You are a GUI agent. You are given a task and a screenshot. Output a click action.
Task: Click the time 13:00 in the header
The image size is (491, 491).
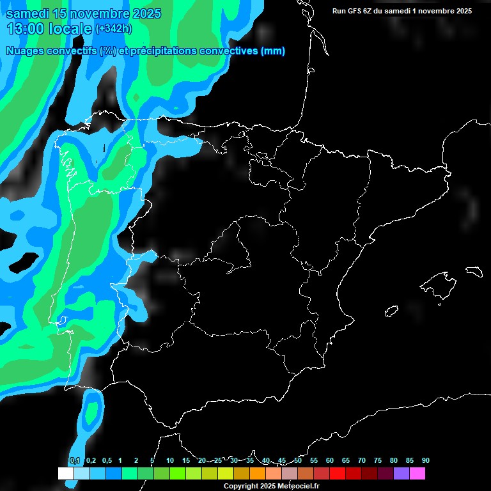pyautogui.click(x=27, y=28)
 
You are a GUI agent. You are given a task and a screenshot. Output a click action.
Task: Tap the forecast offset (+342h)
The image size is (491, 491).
pyautogui.click(x=113, y=28)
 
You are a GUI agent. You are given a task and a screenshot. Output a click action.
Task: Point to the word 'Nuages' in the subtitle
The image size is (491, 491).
pyautogui.click(x=24, y=51)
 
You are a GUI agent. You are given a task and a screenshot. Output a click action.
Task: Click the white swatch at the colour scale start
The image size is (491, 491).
pyautogui.click(x=66, y=474)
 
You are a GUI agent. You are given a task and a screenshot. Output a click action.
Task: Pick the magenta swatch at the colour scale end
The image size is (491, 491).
pyautogui.click(x=417, y=474)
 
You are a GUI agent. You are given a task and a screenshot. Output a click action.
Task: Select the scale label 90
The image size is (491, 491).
pyautogui.click(x=426, y=461)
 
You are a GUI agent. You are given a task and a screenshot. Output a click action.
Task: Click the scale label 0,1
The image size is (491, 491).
pyautogui.click(x=75, y=461)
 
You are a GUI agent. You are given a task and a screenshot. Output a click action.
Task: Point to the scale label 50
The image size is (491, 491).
pyautogui.click(x=298, y=461)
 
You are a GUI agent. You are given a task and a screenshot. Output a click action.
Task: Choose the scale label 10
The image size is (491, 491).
pyautogui.click(x=170, y=461)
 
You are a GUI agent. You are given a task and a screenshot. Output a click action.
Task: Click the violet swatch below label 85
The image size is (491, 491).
pyautogui.click(x=401, y=474)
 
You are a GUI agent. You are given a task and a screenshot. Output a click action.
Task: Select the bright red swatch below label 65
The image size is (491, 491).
pyautogui.click(x=338, y=474)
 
